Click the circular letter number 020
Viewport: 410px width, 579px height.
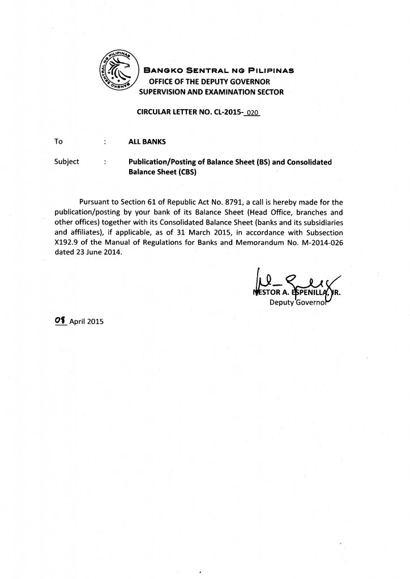click(252, 113)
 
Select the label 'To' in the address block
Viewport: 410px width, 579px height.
click(58, 141)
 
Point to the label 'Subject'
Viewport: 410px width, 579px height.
click(66, 162)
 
